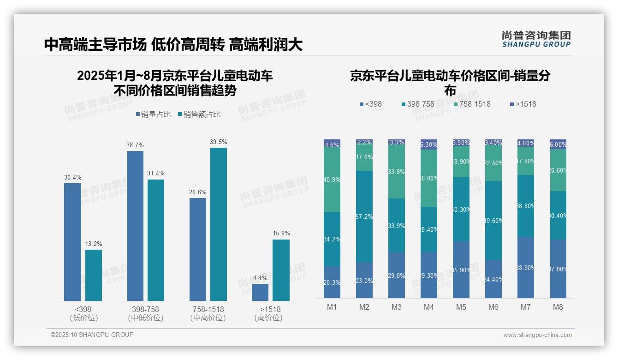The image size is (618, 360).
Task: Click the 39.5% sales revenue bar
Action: (219, 224)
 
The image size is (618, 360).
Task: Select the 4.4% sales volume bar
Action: (260, 292)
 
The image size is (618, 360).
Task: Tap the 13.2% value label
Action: (94, 244)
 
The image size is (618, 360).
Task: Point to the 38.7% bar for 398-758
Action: (135, 226)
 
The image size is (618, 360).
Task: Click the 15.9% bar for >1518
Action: (281, 270)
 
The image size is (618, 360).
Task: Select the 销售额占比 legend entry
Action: (199, 114)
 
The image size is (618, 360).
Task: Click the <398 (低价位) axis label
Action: (83, 313)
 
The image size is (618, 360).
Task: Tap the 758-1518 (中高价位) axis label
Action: (208, 313)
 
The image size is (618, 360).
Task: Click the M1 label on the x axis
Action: (332, 307)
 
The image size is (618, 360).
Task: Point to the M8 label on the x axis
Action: (558, 307)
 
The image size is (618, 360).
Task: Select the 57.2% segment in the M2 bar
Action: (364, 216)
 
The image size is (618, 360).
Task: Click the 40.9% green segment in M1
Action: (332, 180)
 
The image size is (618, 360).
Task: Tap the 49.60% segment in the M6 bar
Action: (493, 220)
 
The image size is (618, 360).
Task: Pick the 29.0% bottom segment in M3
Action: (397, 275)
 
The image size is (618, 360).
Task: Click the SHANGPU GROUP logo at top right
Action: (536, 39)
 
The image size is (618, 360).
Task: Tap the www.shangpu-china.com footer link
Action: (537, 335)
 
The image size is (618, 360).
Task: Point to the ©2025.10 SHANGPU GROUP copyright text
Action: (92, 335)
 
